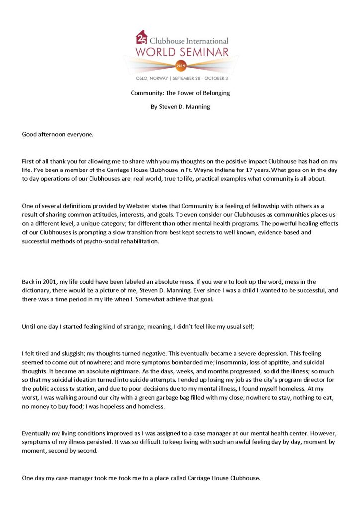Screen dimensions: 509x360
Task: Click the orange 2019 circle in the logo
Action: coord(180,65)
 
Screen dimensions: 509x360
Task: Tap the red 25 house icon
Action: coord(142,37)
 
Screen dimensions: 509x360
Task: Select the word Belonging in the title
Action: coord(214,93)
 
